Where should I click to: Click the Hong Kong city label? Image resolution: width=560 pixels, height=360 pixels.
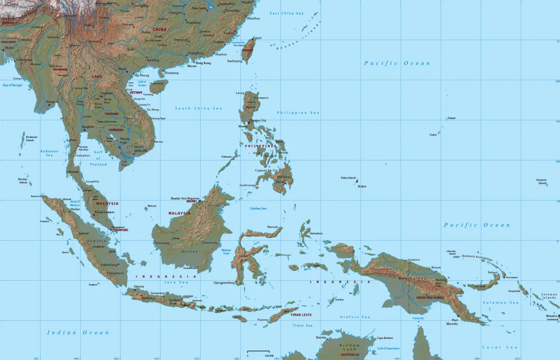pos(203,63)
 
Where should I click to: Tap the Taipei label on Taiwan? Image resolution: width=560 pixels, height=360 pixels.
pos(257,38)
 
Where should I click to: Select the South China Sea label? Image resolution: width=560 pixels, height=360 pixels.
pos(198,108)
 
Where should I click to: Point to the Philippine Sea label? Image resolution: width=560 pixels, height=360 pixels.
pos(298,113)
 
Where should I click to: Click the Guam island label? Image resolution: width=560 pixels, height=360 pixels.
pos(433,135)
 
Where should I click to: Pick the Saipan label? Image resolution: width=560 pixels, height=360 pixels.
pos(451,118)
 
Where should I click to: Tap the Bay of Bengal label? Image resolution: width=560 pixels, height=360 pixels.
pos(13,85)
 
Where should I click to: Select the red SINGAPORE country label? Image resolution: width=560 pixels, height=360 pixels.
pos(120,230)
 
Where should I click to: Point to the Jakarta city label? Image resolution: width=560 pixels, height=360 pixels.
pos(139,286)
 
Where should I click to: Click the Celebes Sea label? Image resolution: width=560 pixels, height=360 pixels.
pos(258,208)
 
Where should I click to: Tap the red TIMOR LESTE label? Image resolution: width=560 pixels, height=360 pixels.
pos(301,315)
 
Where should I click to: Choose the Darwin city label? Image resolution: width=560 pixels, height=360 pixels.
pos(321,337)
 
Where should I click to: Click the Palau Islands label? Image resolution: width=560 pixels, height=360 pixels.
pos(348,178)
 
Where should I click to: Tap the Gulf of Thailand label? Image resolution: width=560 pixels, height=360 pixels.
pos(98,158)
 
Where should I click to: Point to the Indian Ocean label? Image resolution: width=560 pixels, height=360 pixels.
pos(78,332)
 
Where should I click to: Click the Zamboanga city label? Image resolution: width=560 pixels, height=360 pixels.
pos(248,185)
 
